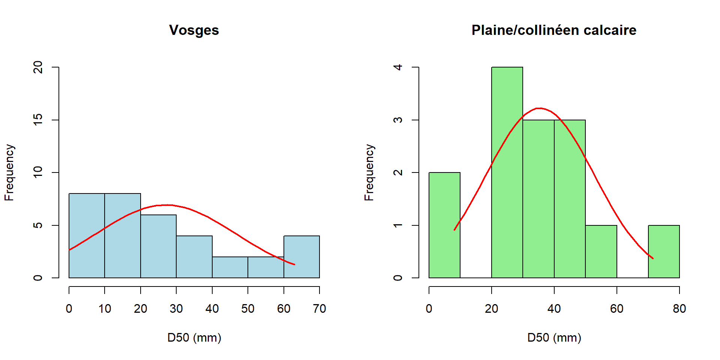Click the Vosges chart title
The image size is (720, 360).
click(194, 30)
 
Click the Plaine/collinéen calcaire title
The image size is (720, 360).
click(553, 30)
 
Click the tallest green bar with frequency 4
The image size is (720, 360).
click(507, 172)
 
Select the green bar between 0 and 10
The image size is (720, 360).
click(444, 225)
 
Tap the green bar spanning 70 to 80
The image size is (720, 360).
click(664, 252)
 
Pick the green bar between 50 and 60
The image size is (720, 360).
click(601, 252)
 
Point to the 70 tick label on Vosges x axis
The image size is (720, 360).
click(319, 309)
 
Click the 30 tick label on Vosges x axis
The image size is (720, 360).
click(176, 309)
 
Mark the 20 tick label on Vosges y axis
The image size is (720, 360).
click(38, 67)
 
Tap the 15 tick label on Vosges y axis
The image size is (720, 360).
click(38, 120)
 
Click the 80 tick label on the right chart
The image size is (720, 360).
click(679, 309)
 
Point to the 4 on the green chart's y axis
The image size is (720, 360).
click(398, 67)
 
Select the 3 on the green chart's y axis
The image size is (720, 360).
click(398, 120)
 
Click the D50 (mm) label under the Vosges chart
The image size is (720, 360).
click(194, 337)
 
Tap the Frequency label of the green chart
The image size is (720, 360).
click(369, 172)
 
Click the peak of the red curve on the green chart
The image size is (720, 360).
click(539, 108)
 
